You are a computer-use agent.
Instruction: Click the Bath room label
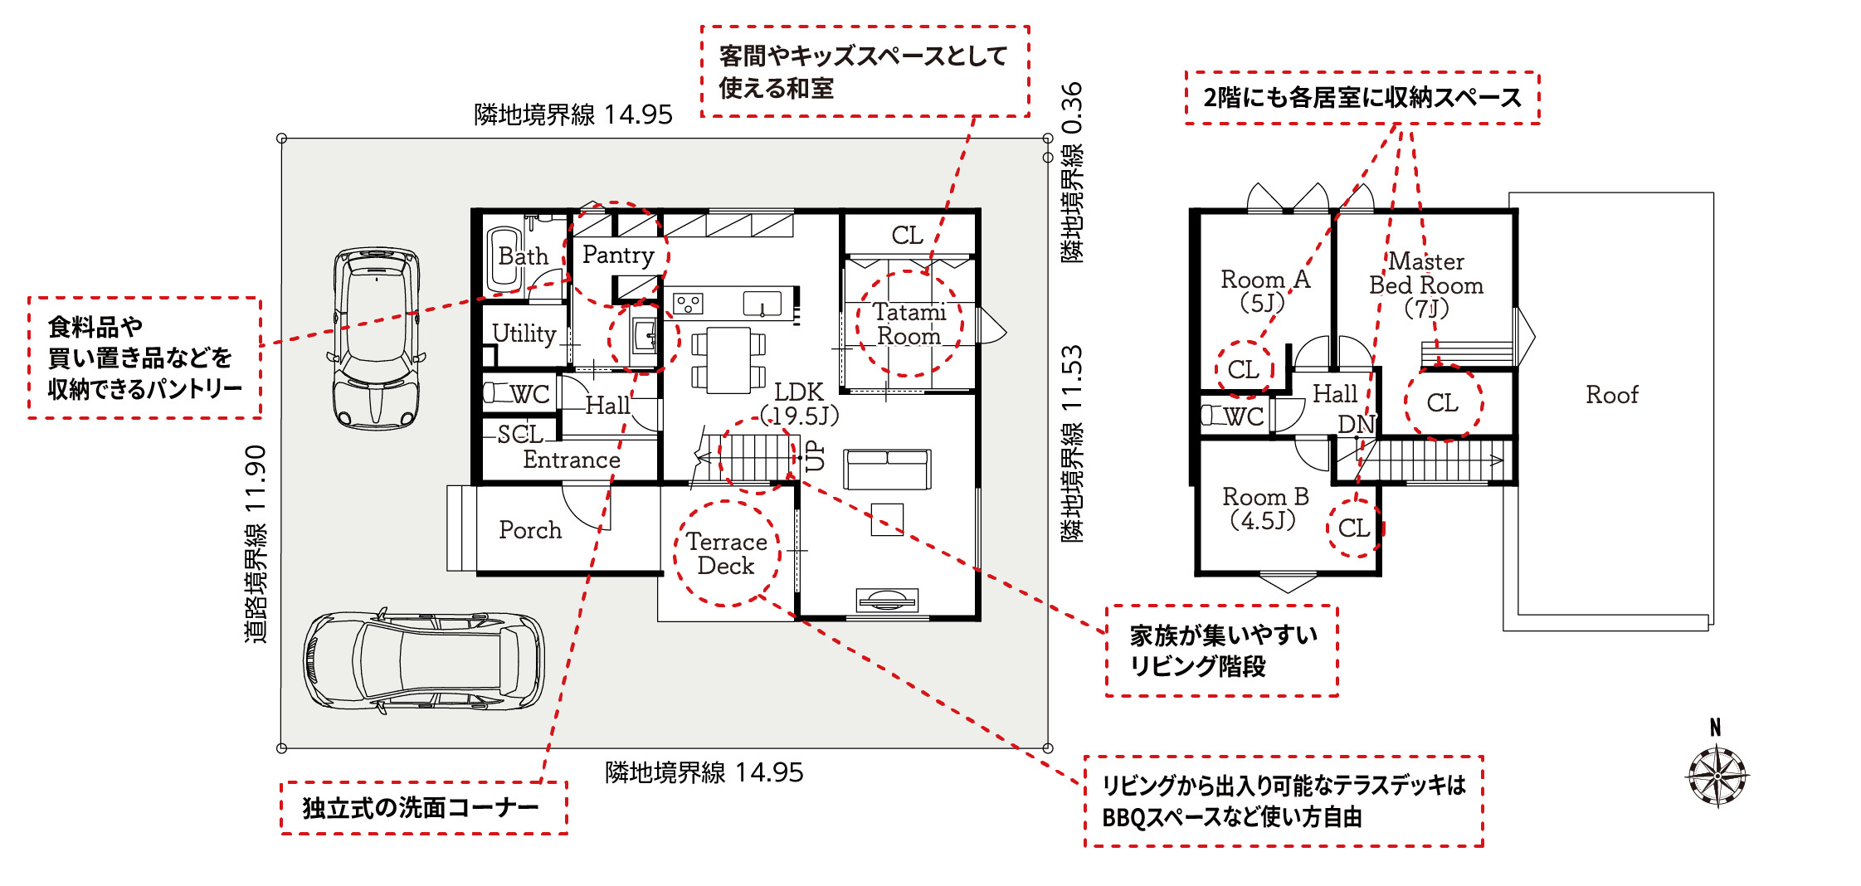[523, 256]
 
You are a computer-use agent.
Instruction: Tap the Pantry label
[618, 255]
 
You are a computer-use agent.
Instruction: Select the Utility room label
[524, 333]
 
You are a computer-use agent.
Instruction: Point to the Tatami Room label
[909, 324]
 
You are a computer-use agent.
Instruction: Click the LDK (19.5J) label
[800, 404]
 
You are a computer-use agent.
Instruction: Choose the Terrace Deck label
[726, 553]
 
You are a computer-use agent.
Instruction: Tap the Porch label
[530, 530]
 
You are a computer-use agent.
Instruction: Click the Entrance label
[572, 460]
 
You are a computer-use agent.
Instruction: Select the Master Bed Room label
[1426, 285]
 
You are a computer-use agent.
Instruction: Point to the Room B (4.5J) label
[1265, 509]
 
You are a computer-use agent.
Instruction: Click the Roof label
[1612, 395]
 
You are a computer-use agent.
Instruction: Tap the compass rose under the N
[1717, 776]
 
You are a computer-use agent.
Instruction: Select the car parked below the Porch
[424, 662]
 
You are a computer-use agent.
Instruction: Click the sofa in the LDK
[887, 470]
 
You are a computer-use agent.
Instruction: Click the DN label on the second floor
[1356, 425]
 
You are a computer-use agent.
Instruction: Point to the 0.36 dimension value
[1072, 109]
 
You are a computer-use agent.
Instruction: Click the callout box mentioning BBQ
[1284, 801]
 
